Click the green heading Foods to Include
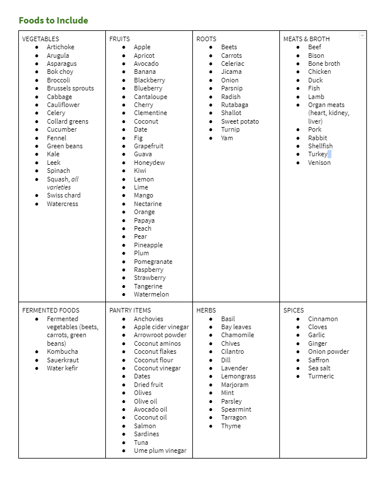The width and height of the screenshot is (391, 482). (x=53, y=21)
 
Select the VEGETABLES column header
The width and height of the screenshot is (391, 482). (x=41, y=39)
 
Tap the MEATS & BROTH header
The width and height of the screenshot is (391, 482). (x=306, y=39)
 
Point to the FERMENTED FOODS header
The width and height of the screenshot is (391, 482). (x=51, y=310)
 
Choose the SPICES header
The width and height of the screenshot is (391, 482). (x=294, y=310)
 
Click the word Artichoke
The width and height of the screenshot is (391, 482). (x=61, y=47)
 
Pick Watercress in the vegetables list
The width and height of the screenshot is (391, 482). (x=62, y=204)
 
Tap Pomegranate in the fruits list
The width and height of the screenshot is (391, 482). (x=153, y=262)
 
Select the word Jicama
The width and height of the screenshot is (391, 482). (x=231, y=72)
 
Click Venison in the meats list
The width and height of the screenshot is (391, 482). (x=319, y=163)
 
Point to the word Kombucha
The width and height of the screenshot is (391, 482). (x=62, y=351)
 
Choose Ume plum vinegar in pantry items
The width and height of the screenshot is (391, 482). (x=160, y=451)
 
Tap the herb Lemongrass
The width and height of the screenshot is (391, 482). (x=239, y=376)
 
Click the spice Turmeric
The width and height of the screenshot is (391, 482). (x=321, y=376)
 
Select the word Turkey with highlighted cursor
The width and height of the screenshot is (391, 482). (x=318, y=154)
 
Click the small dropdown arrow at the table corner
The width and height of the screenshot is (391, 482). (x=362, y=35)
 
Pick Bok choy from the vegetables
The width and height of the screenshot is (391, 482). (x=60, y=72)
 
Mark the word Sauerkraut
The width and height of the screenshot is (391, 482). (x=63, y=360)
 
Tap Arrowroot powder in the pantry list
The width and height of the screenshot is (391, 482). (x=160, y=335)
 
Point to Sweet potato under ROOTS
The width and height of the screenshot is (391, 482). (x=240, y=121)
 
